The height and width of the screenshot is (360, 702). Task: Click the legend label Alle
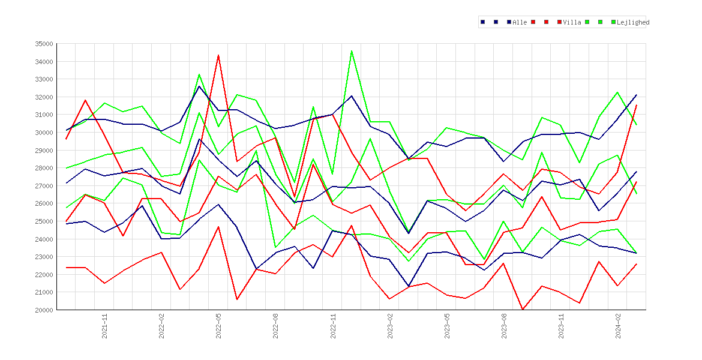[x=520, y=22]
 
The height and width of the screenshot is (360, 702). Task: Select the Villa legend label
[x=572, y=22]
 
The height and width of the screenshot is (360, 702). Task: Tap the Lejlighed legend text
[x=633, y=22]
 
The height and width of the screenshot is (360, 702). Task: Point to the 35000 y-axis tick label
[x=43, y=44]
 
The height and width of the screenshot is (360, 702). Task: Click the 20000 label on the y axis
[x=43, y=310]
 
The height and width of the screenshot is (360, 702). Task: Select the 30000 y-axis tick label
[x=43, y=133]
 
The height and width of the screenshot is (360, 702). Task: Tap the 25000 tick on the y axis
[x=43, y=221]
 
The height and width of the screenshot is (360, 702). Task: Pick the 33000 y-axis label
[x=43, y=79]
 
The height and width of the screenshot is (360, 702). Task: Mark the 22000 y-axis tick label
[x=43, y=274]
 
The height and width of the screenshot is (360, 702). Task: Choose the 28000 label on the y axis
[x=43, y=168]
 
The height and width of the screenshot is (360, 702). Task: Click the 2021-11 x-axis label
[x=104, y=326]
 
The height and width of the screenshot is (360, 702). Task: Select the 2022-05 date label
[x=218, y=326]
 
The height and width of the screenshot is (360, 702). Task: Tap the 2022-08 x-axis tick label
[x=276, y=326]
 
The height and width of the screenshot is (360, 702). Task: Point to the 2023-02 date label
[x=390, y=326]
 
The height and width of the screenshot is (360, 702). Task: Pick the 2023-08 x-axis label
[x=504, y=326]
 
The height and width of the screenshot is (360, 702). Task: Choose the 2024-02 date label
[x=618, y=326]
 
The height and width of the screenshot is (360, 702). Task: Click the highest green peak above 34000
[x=352, y=51]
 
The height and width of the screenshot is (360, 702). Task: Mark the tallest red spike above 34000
[x=218, y=56]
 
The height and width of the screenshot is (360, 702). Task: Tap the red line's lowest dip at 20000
[x=523, y=310]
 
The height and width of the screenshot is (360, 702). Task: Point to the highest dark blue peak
[x=199, y=86]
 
